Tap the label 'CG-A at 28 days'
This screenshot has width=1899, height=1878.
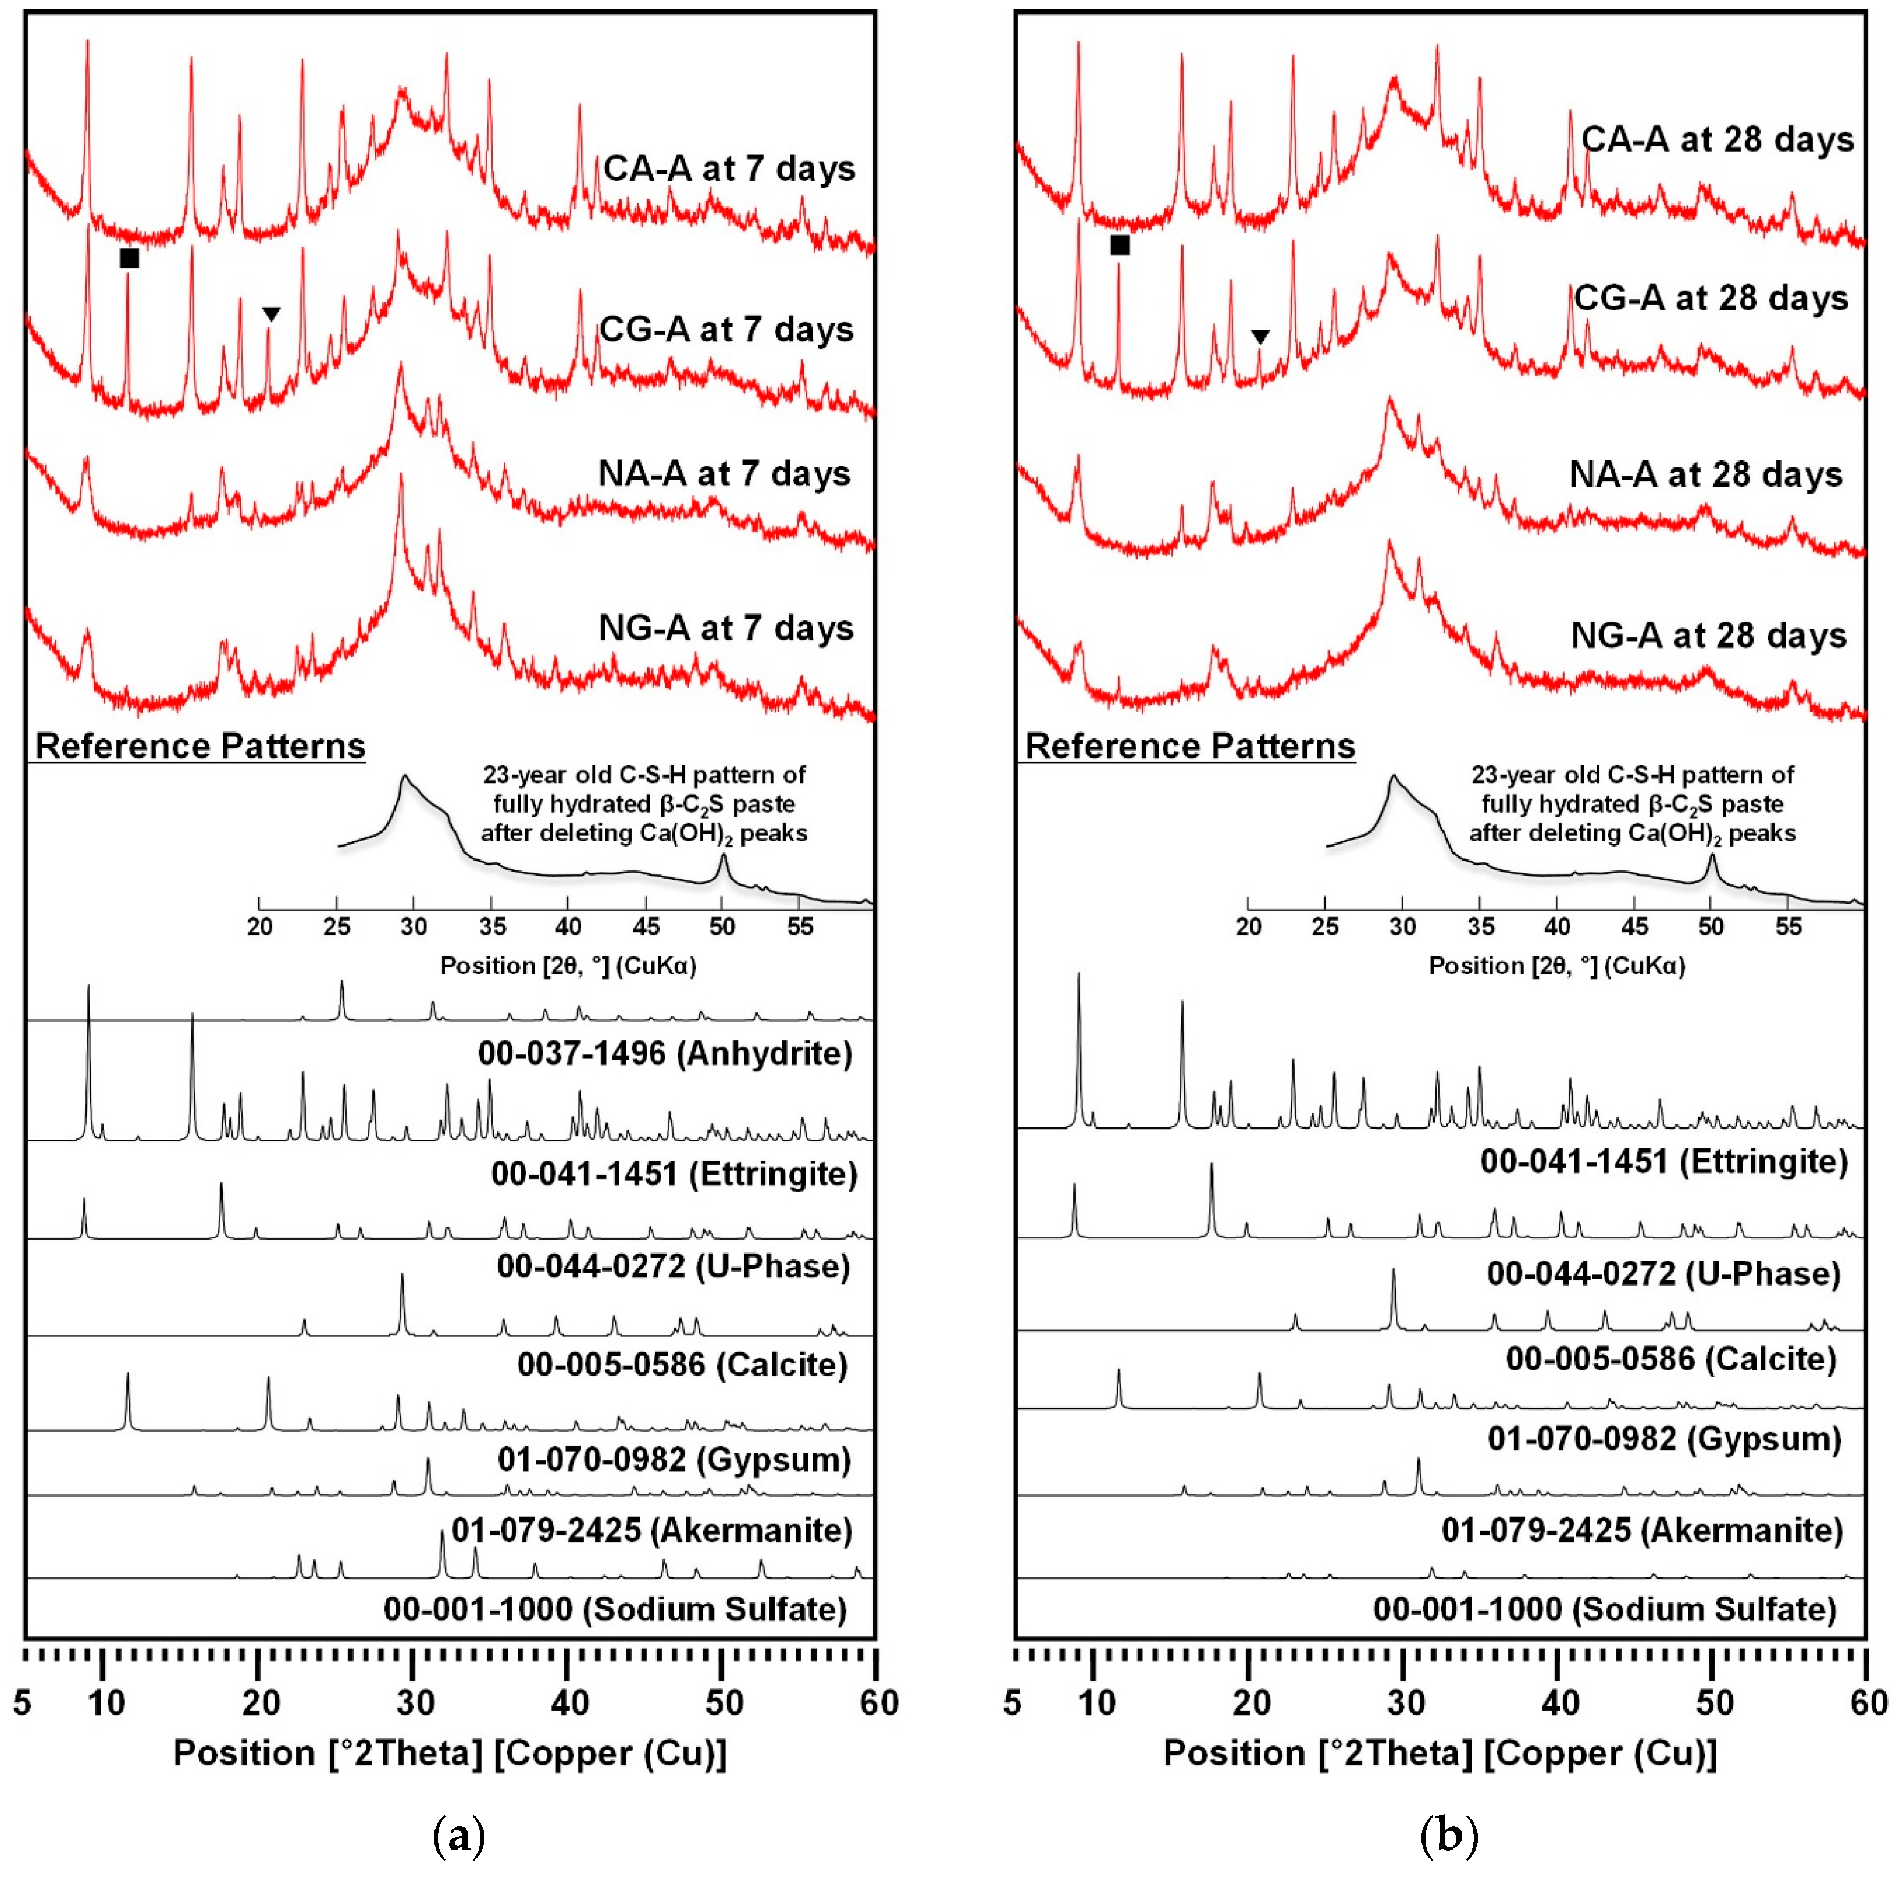1711,298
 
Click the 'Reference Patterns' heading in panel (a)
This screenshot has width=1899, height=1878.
201,746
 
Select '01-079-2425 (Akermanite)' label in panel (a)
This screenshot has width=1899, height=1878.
651,1530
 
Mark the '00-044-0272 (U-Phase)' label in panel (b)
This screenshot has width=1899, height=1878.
1663,1274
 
